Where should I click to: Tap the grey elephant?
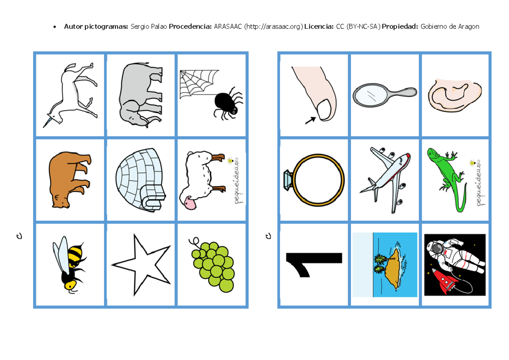pos(141,95)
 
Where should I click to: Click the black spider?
pos(228,103)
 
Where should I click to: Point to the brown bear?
pos(69,179)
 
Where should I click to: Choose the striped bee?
pos(69,265)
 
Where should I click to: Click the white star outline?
pos(141,265)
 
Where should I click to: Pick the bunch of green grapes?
pos(213,265)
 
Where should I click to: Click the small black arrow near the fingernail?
pos(310,120)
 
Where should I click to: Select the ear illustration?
pos(455,95)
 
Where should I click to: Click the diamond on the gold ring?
pos(288,180)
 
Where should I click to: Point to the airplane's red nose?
pos(408,156)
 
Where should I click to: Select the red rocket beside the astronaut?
pos(444,282)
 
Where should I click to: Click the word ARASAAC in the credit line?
pos(228,27)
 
